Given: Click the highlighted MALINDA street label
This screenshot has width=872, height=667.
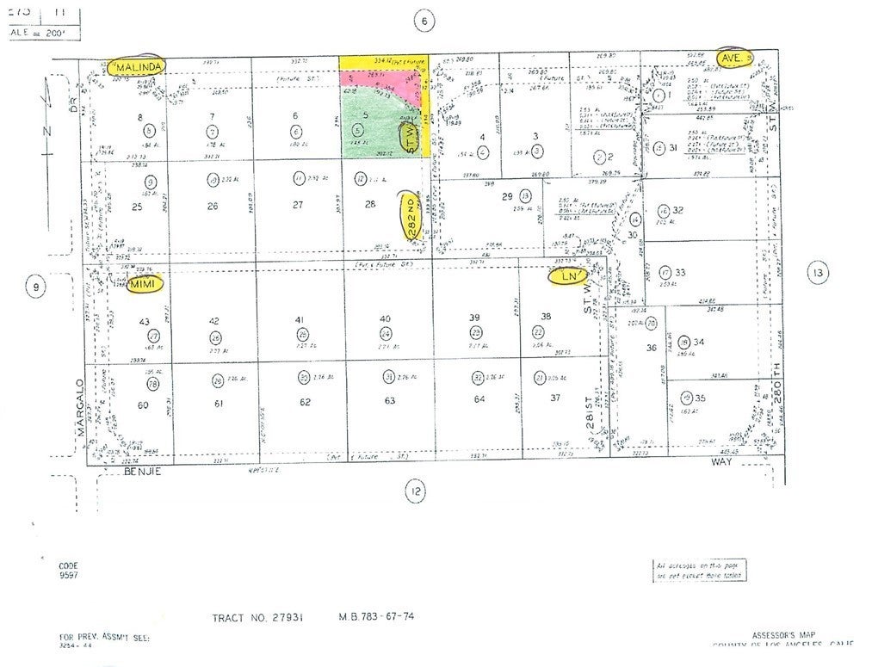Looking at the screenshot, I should tap(137, 65).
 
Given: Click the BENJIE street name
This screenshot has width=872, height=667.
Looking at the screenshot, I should tap(143, 472).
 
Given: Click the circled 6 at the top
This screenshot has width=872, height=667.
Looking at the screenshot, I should tap(424, 22).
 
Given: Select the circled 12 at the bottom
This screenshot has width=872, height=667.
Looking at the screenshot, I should tap(416, 491).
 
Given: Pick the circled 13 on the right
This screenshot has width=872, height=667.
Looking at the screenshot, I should tap(817, 274).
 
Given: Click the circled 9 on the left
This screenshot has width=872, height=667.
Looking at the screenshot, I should tap(34, 286).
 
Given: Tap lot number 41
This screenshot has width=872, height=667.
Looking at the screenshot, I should tap(300, 320).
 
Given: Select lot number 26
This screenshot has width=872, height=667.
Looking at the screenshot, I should tap(212, 206).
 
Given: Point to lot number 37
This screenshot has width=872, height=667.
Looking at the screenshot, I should tap(555, 397).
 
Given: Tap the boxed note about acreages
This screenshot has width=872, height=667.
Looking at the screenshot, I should tap(699, 570).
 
